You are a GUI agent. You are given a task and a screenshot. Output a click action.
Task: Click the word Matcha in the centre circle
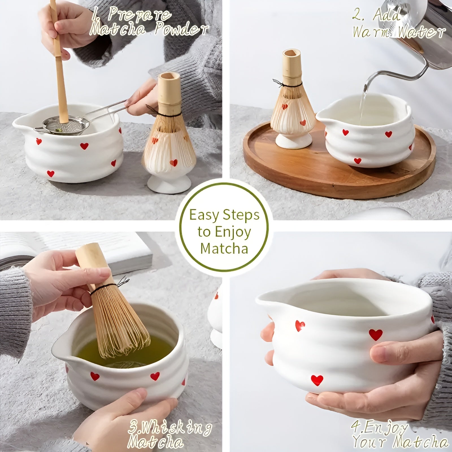click(224, 249)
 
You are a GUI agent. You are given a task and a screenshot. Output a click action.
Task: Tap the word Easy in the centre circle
click(204, 215)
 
